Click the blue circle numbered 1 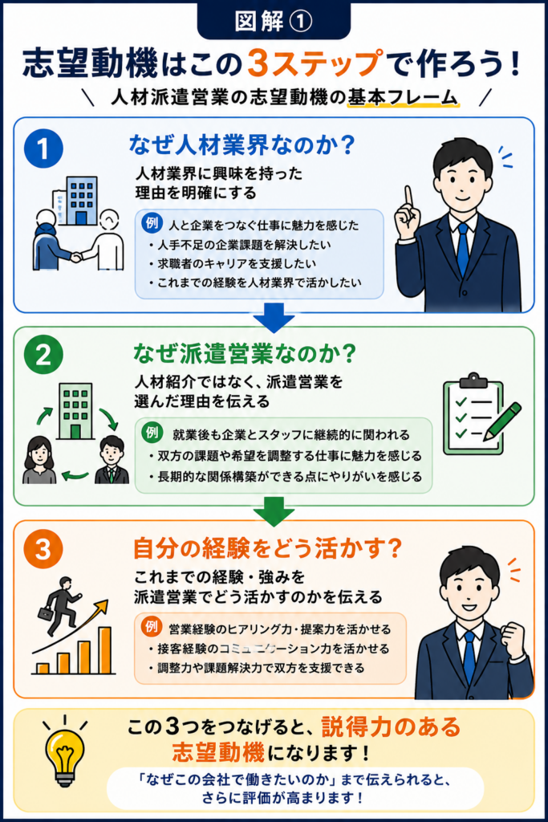[43, 149]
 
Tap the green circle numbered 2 [43, 355]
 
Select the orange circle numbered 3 [43, 549]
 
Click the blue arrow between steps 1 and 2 [274, 318]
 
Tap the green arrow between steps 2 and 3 [274, 511]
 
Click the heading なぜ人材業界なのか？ [242, 145]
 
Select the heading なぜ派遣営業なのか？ [245, 354]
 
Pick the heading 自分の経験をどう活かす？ [268, 548]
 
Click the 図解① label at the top [274, 22]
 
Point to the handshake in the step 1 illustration [76, 257]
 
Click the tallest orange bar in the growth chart [105, 650]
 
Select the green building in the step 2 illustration [75, 410]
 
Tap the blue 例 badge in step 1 [152, 223]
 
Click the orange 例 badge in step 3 [152, 626]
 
